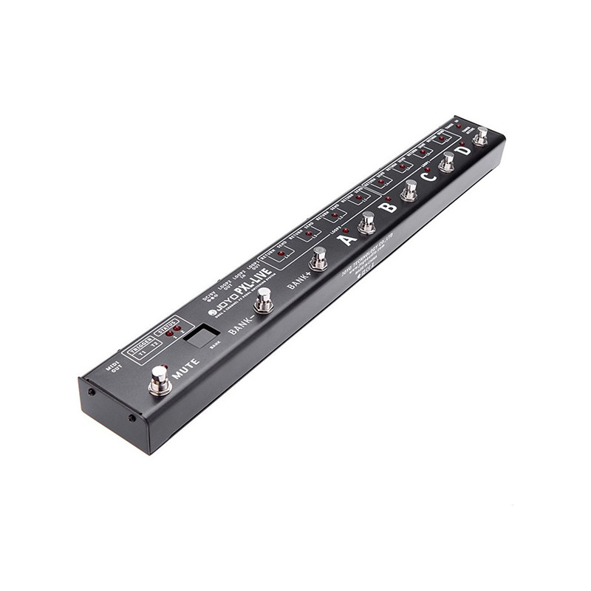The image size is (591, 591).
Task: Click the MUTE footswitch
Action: (x=159, y=380)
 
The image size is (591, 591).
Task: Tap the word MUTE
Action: (x=185, y=366)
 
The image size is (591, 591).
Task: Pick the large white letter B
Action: (x=388, y=206)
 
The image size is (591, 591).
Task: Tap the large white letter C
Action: (x=427, y=177)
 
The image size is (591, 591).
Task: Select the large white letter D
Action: (x=462, y=151)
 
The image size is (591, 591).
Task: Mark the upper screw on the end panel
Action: (x=89, y=392)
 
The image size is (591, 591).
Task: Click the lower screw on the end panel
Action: (x=132, y=418)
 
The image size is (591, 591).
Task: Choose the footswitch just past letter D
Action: (x=482, y=135)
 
